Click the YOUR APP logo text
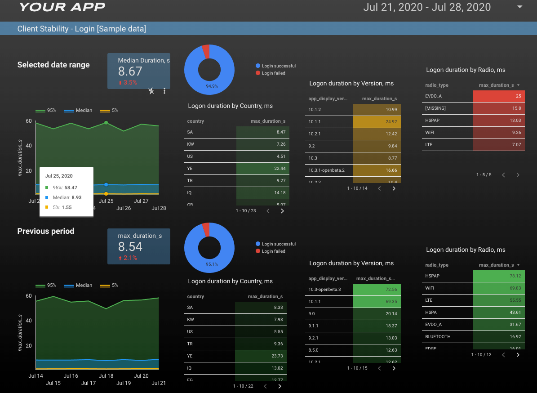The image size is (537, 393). (62, 7)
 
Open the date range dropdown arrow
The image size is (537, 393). (520, 7)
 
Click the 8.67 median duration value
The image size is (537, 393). (130, 71)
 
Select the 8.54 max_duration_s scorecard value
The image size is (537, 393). (130, 247)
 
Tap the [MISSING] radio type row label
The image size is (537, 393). (435, 108)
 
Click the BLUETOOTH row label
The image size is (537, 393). (438, 336)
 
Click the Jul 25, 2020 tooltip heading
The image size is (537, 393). (59, 176)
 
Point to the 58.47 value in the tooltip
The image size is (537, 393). (71, 188)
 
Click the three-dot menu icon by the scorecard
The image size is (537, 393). (164, 91)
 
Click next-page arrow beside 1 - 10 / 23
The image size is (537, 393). (282, 211)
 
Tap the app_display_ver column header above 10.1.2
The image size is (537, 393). (328, 98)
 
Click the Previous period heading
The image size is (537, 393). (46, 231)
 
